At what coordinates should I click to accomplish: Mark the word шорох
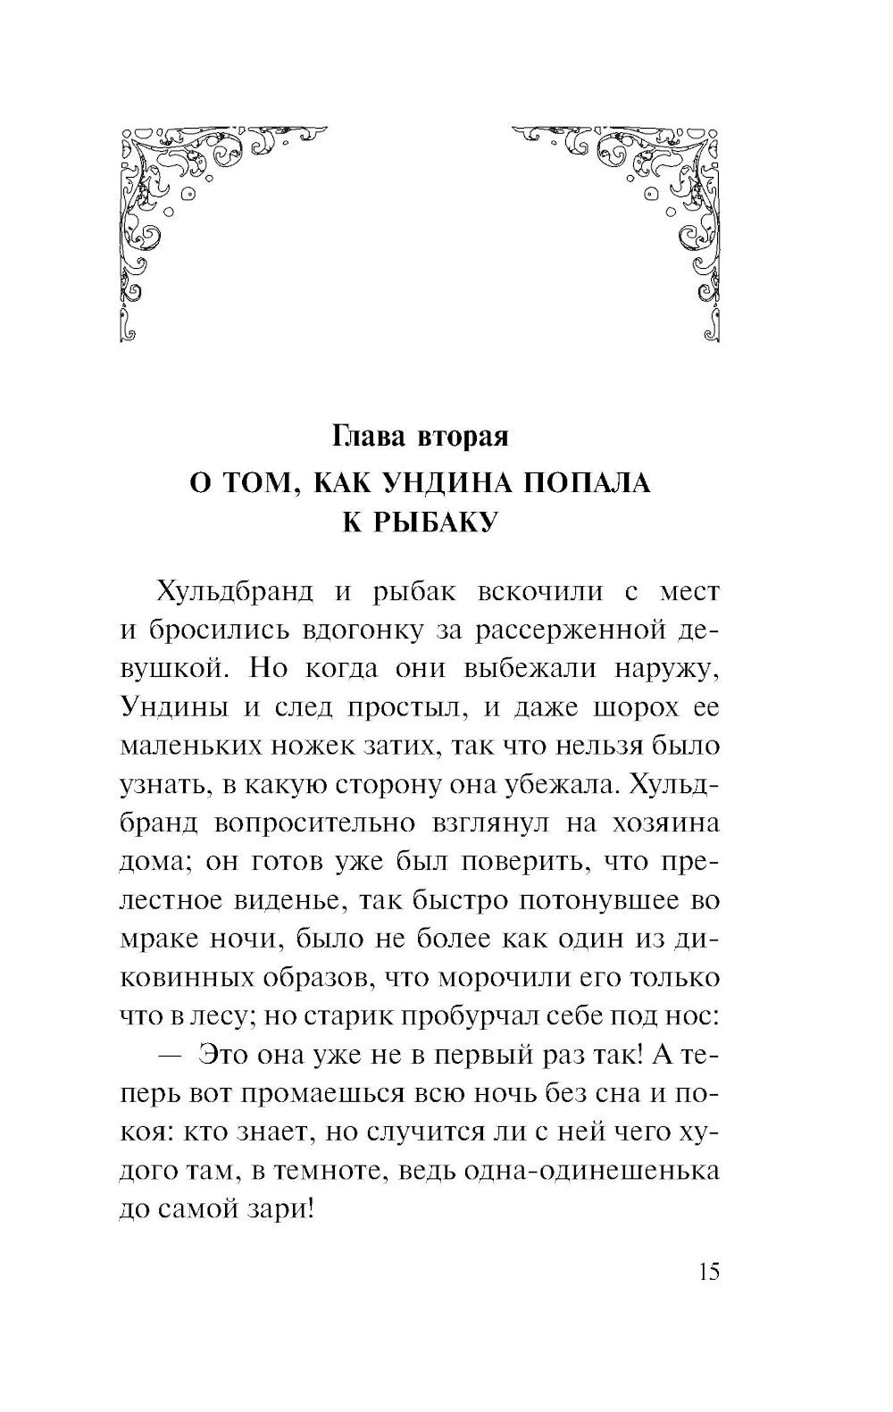(623, 707)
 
